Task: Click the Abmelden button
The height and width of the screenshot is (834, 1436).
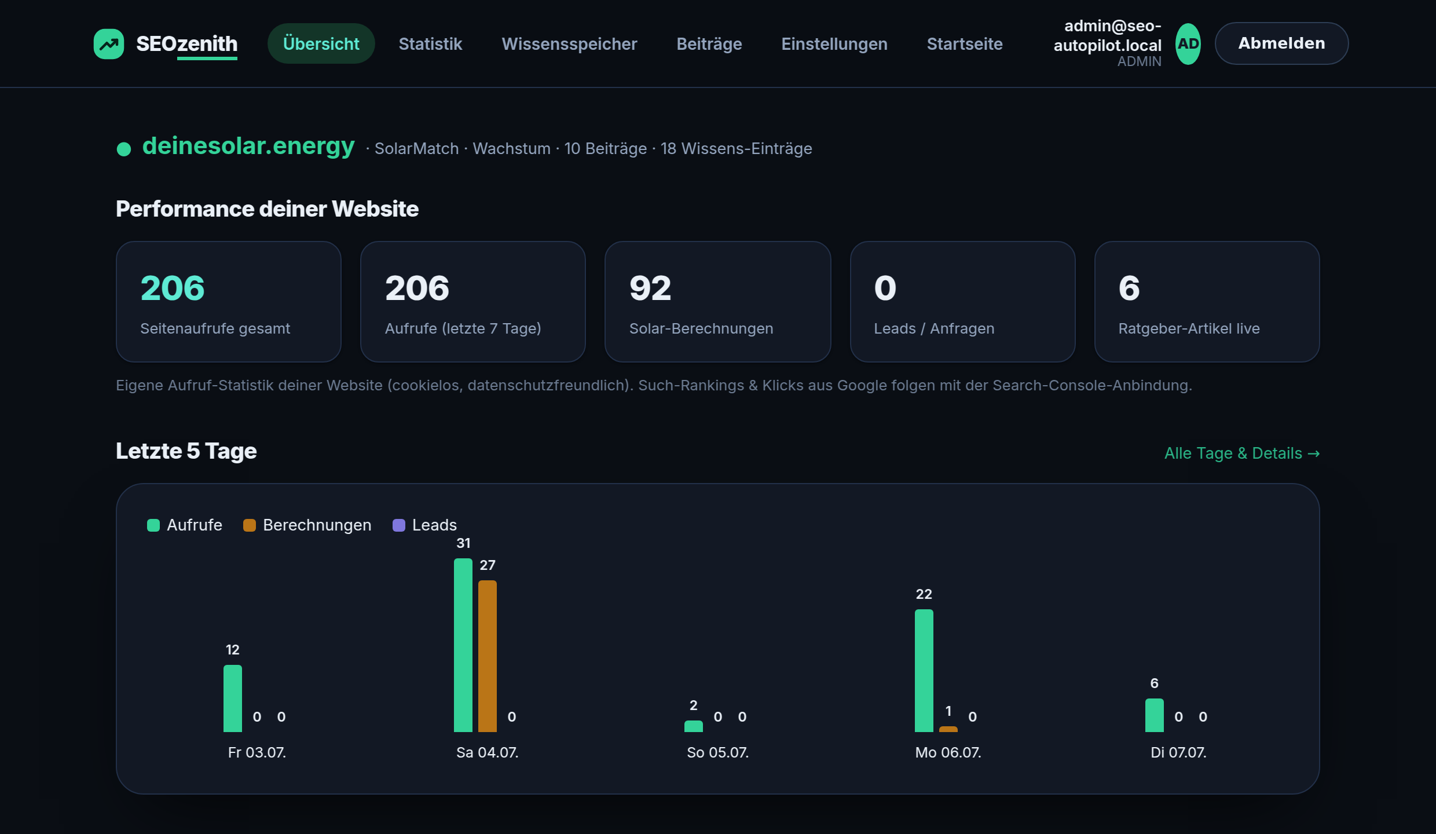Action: pyautogui.click(x=1281, y=43)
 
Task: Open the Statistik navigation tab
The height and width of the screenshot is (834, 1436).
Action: pyautogui.click(x=430, y=44)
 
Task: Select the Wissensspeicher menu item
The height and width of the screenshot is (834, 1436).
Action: pyautogui.click(x=569, y=44)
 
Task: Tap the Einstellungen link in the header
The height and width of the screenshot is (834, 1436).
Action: pyautogui.click(x=834, y=44)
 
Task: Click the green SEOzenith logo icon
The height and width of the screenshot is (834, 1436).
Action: pyautogui.click(x=109, y=44)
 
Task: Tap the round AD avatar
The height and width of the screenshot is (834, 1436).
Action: pyautogui.click(x=1188, y=44)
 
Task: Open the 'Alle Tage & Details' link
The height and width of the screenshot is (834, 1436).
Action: pyautogui.click(x=1242, y=453)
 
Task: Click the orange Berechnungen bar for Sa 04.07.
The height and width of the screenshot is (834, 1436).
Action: pyautogui.click(x=488, y=656)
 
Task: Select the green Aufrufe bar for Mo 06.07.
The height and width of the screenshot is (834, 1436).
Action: pyautogui.click(x=924, y=671)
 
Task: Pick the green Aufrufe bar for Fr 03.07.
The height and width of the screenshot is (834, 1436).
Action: pyautogui.click(x=233, y=698)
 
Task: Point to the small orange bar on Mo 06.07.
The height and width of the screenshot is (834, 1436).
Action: pyautogui.click(x=948, y=729)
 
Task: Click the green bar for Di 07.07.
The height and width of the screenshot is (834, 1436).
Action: pyautogui.click(x=1155, y=715)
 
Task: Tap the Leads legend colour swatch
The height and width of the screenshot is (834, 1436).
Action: pyautogui.click(x=399, y=525)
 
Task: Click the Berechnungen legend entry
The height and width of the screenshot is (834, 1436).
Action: pyautogui.click(x=307, y=525)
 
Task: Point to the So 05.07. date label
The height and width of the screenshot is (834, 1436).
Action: pyautogui.click(x=717, y=752)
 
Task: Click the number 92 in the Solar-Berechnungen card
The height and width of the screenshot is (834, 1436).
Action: pyautogui.click(x=650, y=288)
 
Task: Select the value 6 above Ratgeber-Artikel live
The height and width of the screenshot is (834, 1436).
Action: pyautogui.click(x=1129, y=288)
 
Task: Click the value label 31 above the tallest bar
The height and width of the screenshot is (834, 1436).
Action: pyautogui.click(x=463, y=543)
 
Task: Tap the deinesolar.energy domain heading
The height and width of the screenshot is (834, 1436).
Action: pyautogui.click(x=248, y=146)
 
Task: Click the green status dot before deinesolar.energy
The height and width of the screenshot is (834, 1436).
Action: pyautogui.click(x=124, y=149)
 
